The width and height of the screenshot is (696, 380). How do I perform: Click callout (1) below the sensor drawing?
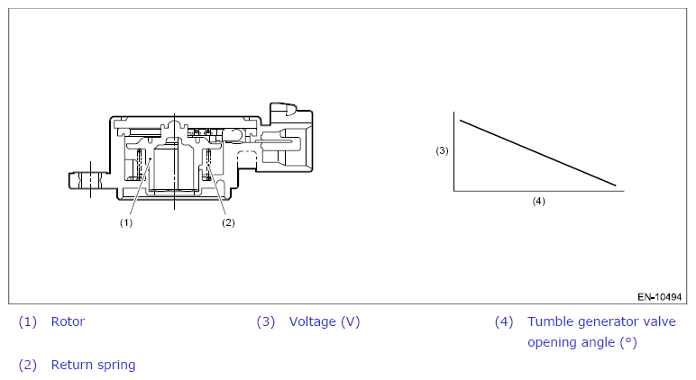pyautogui.click(x=126, y=222)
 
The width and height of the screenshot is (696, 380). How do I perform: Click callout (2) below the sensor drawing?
pyautogui.click(x=228, y=222)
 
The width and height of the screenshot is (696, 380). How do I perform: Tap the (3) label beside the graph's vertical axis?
pyautogui.click(x=442, y=150)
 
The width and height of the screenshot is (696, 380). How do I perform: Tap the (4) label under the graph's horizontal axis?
pyautogui.click(x=538, y=202)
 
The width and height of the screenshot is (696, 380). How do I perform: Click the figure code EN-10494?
pyautogui.click(x=659, y=297)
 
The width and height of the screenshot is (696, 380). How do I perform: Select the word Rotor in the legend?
pyautogui.click(x=68, y=321)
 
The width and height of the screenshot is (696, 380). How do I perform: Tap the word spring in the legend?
pyautogui.click(x=115, y=366)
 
